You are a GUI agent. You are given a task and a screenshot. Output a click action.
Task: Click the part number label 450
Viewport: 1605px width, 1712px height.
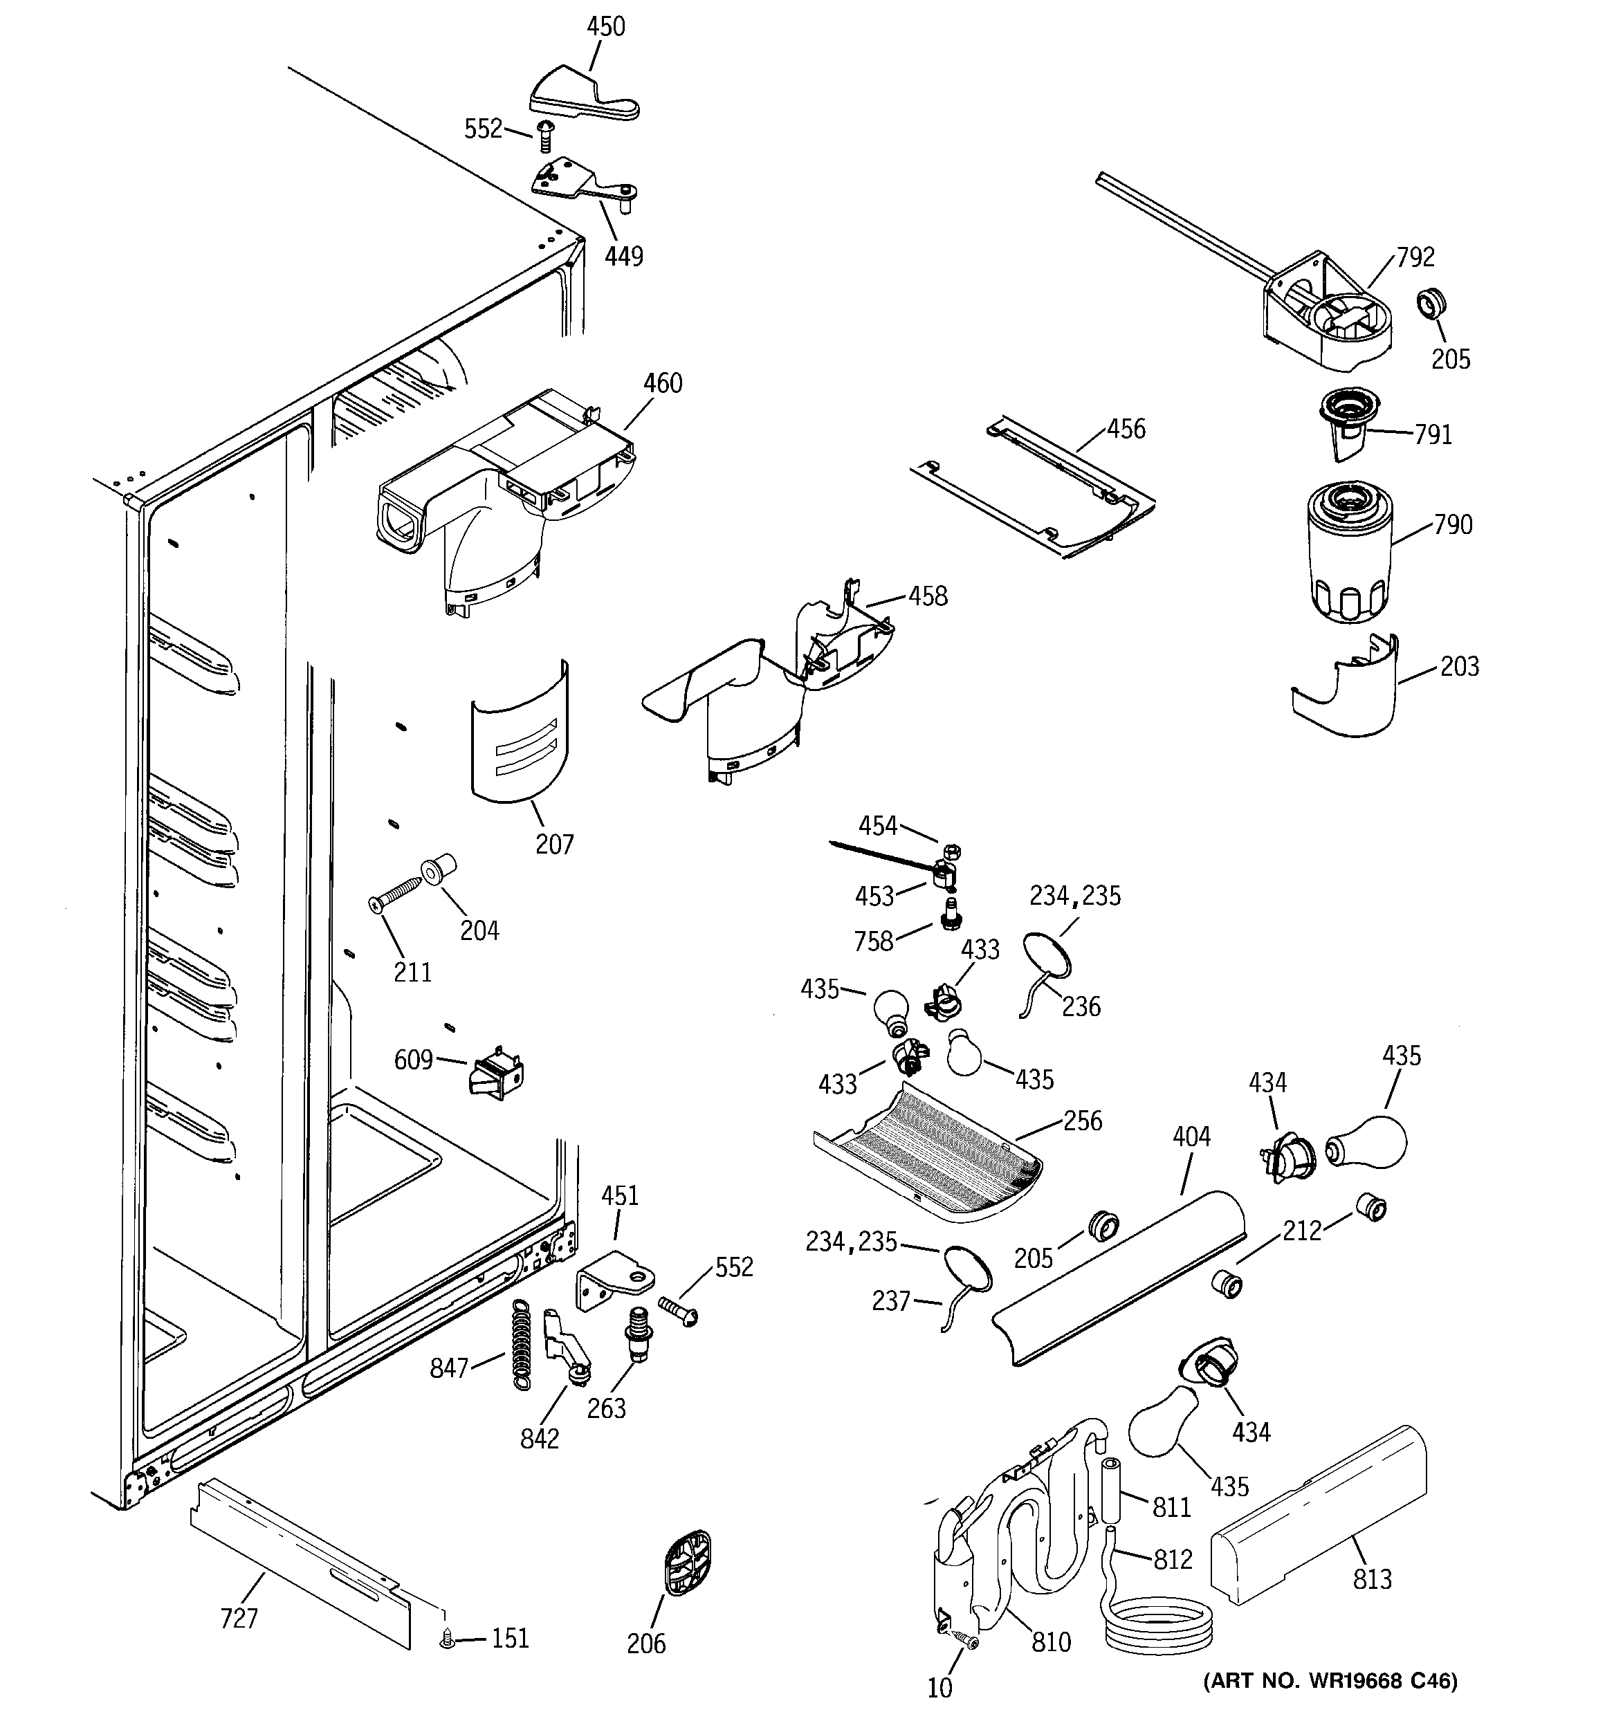click(x=605, y=27)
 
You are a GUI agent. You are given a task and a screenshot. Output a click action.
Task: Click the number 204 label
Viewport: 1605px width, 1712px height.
click(x=479, y=931)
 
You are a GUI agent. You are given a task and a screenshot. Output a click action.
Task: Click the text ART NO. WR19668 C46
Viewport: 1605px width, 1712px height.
click(x=1330, y=1680)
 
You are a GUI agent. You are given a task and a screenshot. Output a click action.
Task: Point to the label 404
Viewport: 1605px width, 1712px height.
click(x=1191, y=1136)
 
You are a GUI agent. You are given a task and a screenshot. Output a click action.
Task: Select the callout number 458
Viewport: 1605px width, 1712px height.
click(x=928, y=596)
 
